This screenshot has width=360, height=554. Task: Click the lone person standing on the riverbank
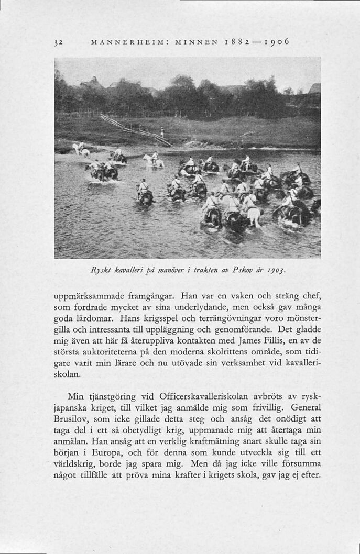[162, 132]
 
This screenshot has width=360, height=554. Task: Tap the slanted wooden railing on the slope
[136, 129]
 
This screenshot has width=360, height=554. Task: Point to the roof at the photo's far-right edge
[314, 88]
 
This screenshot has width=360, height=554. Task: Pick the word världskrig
[80, 465]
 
